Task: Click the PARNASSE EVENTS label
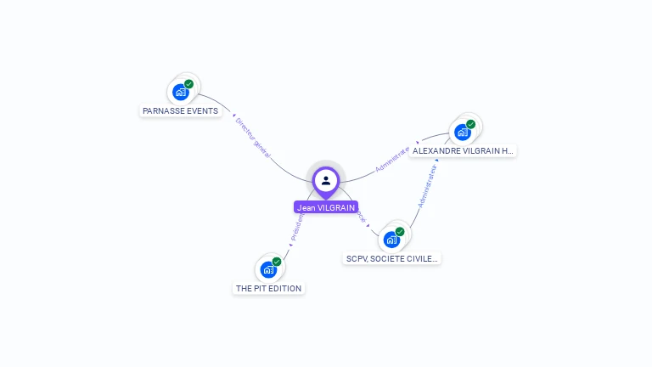[x=180, y=110]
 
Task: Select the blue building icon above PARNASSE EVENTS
[x=180, y=92]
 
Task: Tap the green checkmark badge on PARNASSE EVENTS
[x=188, y=84]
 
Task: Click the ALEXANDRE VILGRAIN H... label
[x=463, y=150]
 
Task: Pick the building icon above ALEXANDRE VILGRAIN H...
[x=462, y=133]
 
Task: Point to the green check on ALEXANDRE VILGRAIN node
[x=470, y=124]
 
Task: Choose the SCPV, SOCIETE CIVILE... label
[x=392, y=258]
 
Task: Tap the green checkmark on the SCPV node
[x=400, y=231]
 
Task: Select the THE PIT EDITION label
[x=268, y=288]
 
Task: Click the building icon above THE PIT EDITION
[x=268, y=270]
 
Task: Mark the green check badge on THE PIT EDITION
[x=277, y=262]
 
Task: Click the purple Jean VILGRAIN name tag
[x=326, y=207]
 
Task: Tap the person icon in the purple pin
[x=326, y=180]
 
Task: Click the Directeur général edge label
[x=252, y=138]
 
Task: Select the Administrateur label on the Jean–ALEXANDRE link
[x=392, y=160]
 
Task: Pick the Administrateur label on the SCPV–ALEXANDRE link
[x=427, y=187]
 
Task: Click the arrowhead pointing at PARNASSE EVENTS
[x=233, y=116]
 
